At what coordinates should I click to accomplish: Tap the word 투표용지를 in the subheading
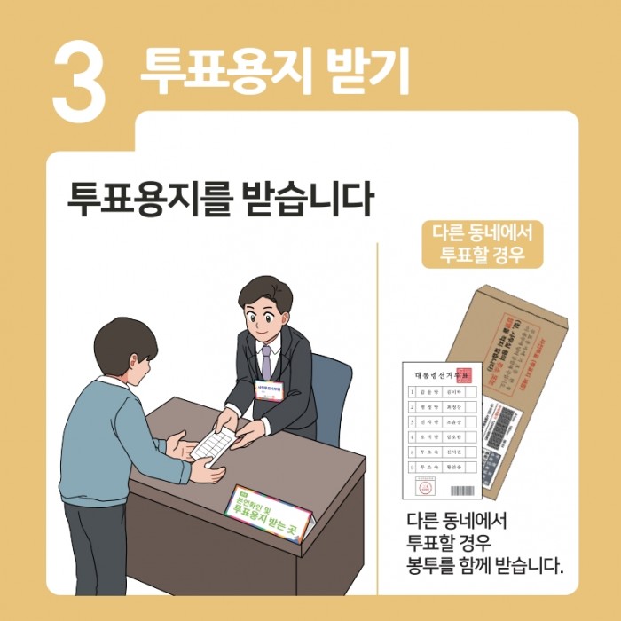coord(150,200)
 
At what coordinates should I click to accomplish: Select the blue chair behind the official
coord(333,390)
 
